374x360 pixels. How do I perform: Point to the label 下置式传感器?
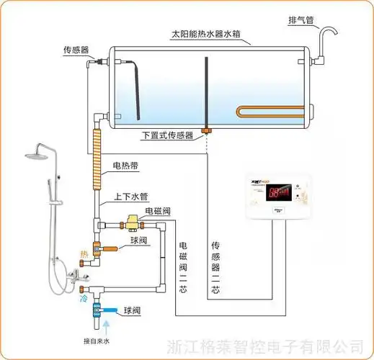pos(167,135)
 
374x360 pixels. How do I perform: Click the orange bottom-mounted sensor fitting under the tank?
pos(207,131)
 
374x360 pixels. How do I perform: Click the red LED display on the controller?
pos(278,193)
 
